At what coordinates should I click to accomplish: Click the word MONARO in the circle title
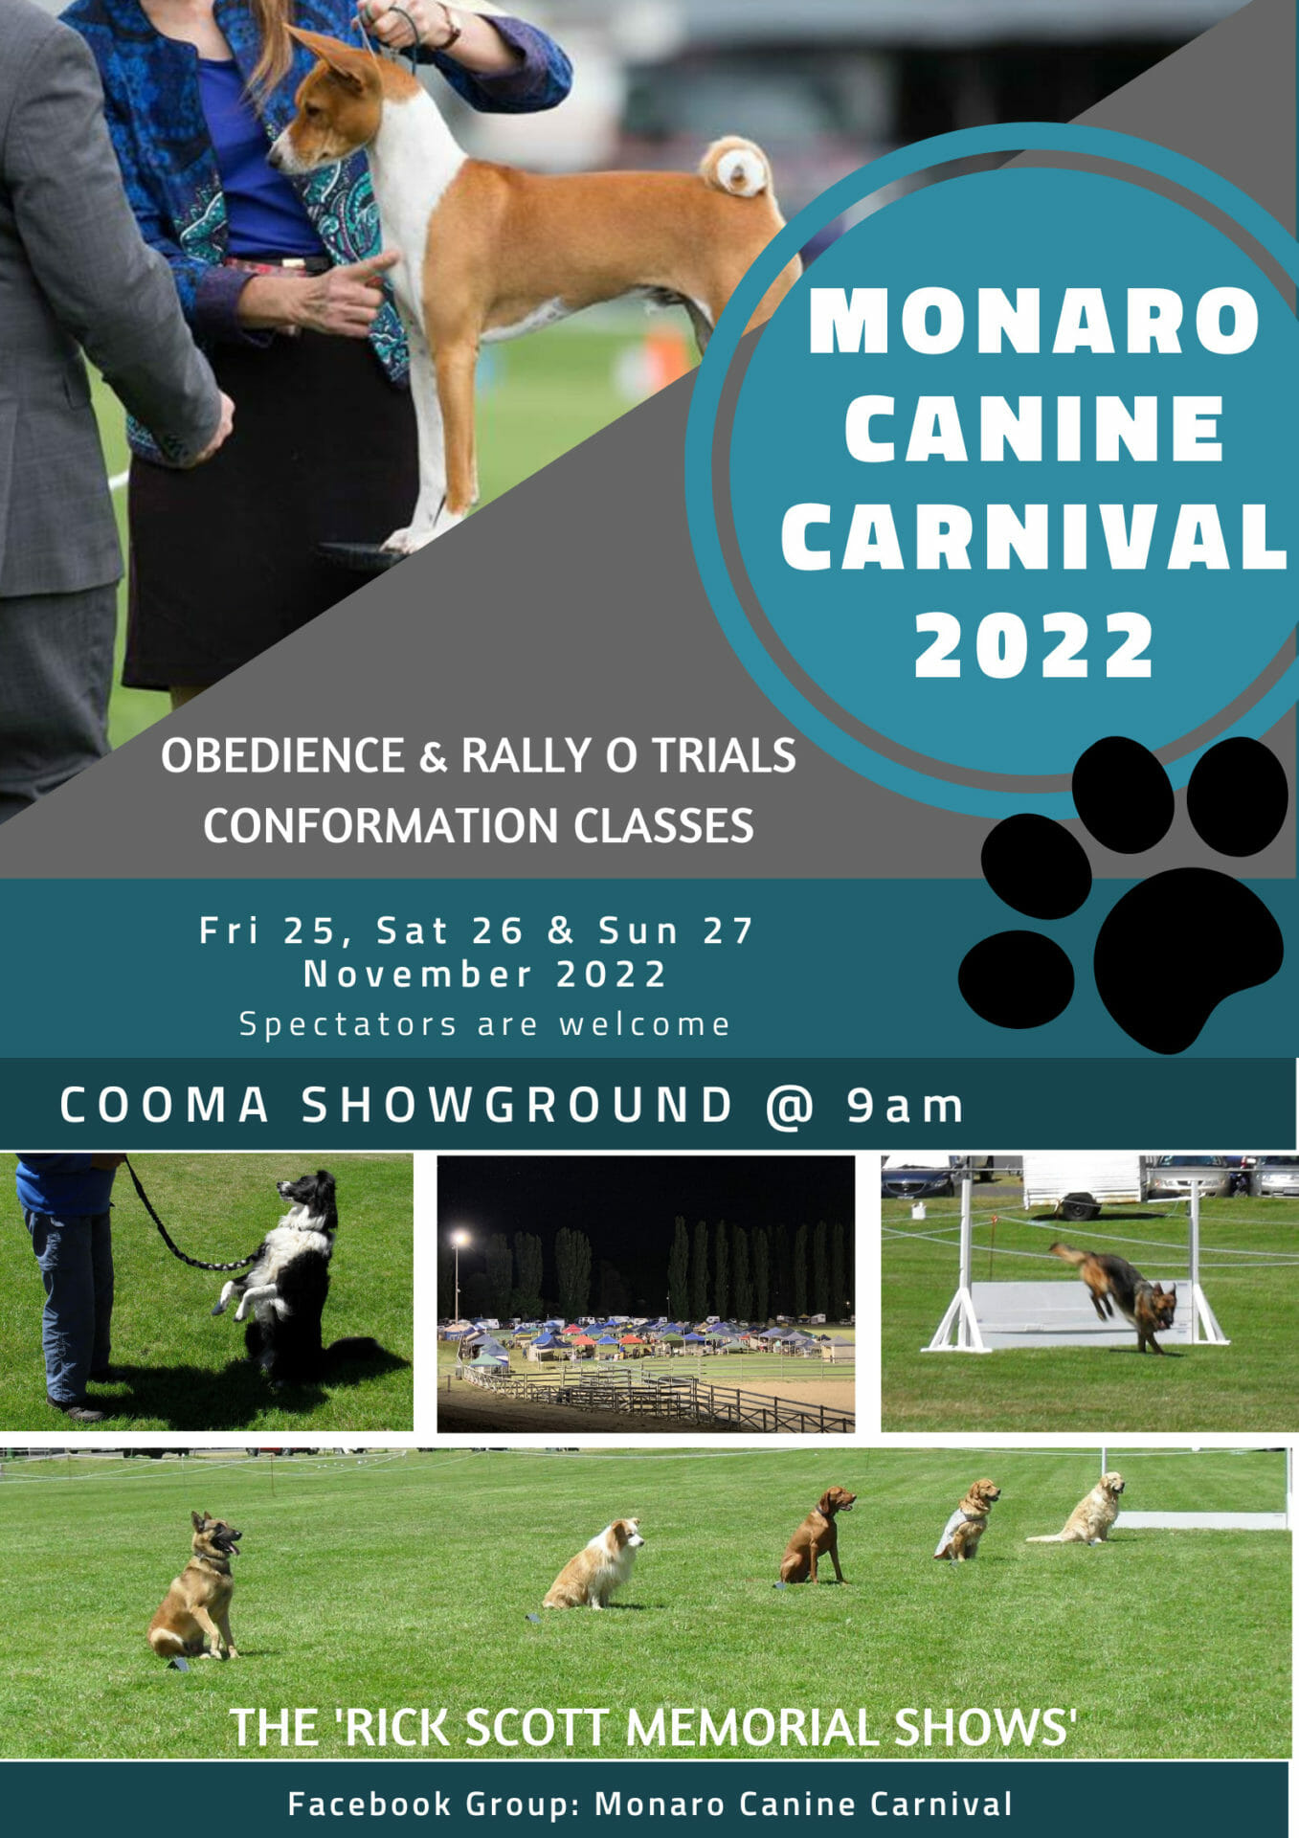1034,322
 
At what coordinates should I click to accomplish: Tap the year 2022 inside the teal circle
1034,645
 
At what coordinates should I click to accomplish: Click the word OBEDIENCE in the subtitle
282,755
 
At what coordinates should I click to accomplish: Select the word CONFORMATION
380,825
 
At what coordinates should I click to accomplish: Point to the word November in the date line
417,975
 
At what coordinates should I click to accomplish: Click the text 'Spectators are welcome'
484,1024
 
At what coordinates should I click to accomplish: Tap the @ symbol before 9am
790,1106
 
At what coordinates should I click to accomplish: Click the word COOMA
165,1106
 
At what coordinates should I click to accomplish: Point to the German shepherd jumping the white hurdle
1120,1292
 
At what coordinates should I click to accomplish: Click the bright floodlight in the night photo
460,1239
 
